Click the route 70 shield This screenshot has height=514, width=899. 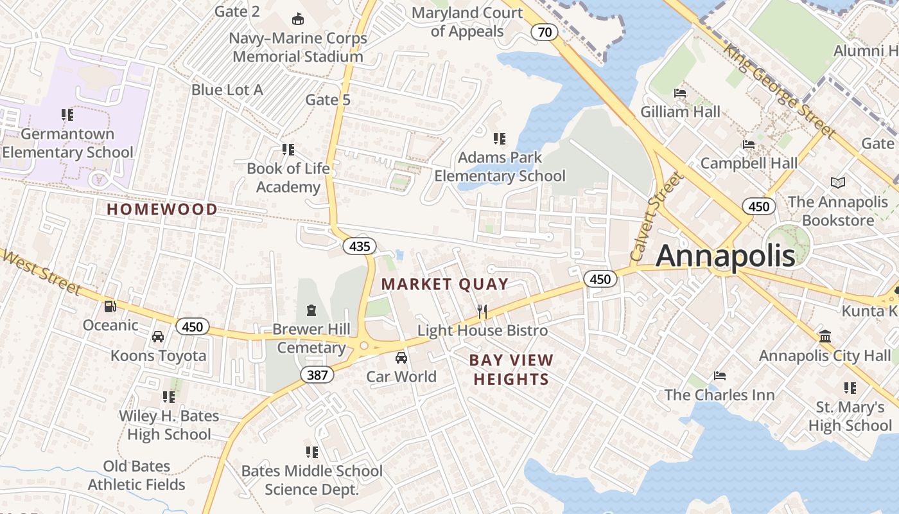(x=544, y=32)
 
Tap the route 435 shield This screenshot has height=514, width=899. (x=359, y=245)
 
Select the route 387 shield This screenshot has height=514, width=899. (x=317, y=375)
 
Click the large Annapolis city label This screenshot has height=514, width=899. (x=725, y=256)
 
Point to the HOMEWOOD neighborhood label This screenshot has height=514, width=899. (x=162, y=209)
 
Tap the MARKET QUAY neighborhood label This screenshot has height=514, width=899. (x=444, y=284)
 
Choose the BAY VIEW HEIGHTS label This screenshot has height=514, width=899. (x=511, y=369)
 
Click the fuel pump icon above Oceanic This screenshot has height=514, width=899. (x=110, y=306)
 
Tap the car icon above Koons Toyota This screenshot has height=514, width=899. (x=158, y=337)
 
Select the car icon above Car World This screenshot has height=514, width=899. (x=401, y=358)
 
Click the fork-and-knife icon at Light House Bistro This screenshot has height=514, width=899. (x=482, y=312)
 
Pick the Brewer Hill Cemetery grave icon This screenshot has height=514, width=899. (x=311, y=310)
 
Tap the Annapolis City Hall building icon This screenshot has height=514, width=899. (x=825, y=336)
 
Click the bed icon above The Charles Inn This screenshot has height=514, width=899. (x=720, y=375)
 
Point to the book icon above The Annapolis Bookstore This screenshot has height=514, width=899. (x=838, y=183)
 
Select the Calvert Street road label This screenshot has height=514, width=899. (x=655, y=217)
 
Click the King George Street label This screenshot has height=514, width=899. (x=780, y=91)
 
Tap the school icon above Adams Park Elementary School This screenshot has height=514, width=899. (x=499, y=138)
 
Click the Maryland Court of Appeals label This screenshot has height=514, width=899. (x=467, y=22)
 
